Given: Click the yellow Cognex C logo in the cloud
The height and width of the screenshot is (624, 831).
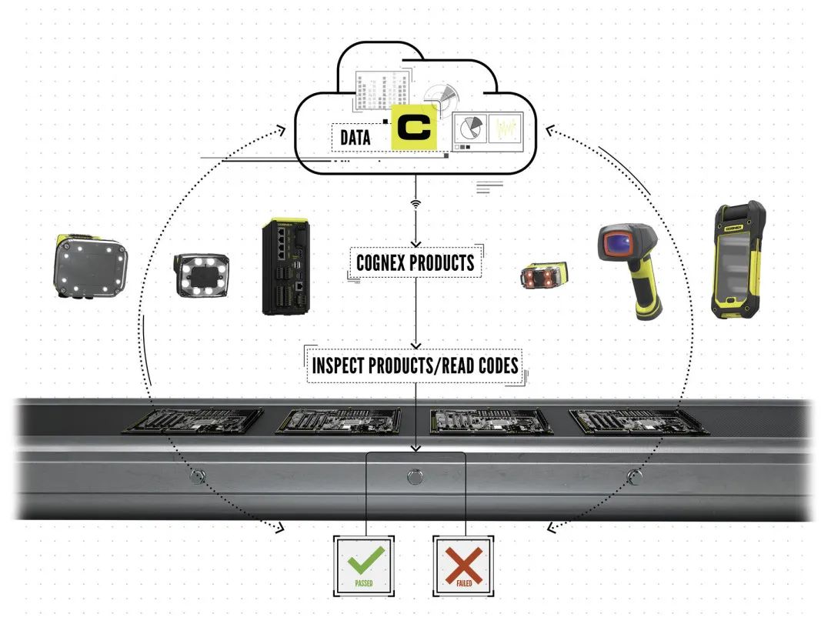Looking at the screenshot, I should pyautogui.click(x=414, y=128).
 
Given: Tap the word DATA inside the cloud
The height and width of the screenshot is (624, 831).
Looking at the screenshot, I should pyautogui.click(x=355, y=138).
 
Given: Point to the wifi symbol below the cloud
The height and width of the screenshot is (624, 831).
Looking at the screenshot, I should pyautogui.click(x=415, y=205).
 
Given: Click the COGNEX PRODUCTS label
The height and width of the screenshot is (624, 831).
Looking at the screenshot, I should pyautogui.click(x=415, y=262).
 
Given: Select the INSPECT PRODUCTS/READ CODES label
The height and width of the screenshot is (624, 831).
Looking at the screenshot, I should pyautogui.click(x=415, y=365).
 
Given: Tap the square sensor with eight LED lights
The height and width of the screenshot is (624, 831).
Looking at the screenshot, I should pyautogui.click(x=89, y=265).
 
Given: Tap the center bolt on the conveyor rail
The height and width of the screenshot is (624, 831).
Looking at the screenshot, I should pyautogui.click(x=414, y=476).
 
